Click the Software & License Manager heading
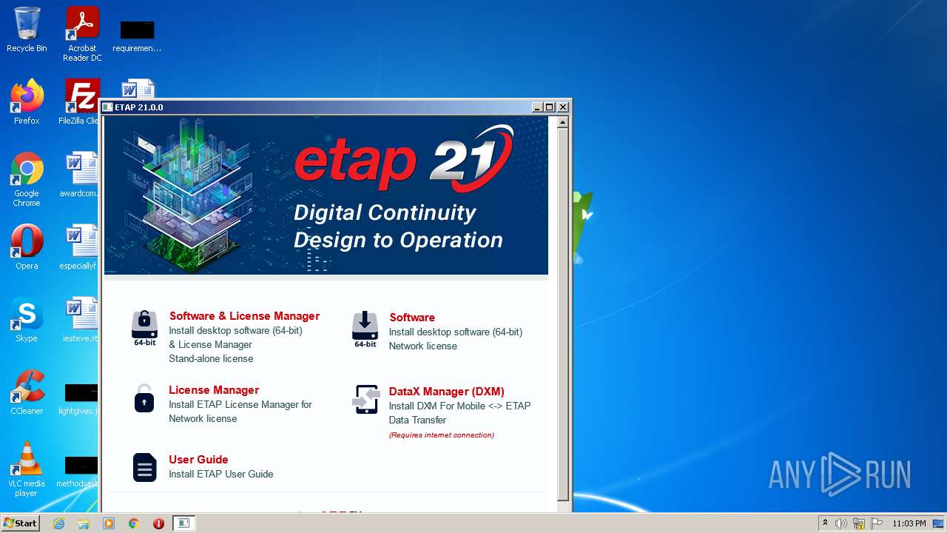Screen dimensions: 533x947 [x=244, y=316]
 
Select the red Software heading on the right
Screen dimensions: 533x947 [x=412, y=318]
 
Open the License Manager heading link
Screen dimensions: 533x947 [x=214, y=390]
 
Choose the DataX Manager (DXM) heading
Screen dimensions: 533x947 [x=446, y=392]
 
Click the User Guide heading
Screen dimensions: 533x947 [x=198, y=460]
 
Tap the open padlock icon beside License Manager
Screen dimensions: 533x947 [x=144, y=398]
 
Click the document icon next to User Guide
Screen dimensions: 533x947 [x=144, y=467]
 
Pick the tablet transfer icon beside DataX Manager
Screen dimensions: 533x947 [x=366, y=400]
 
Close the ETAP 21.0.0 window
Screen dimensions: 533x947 [x=563, y=107]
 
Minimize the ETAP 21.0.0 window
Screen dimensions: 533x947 [x=537, y=107]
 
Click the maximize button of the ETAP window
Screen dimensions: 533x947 [x=550, y=107]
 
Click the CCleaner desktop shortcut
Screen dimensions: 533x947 [x=27, y=388]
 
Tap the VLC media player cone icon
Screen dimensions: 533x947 [x=27, y=460]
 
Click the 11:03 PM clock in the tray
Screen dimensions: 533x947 [x=909, y=523]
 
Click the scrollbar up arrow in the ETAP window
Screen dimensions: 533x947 [x=563, y=122]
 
